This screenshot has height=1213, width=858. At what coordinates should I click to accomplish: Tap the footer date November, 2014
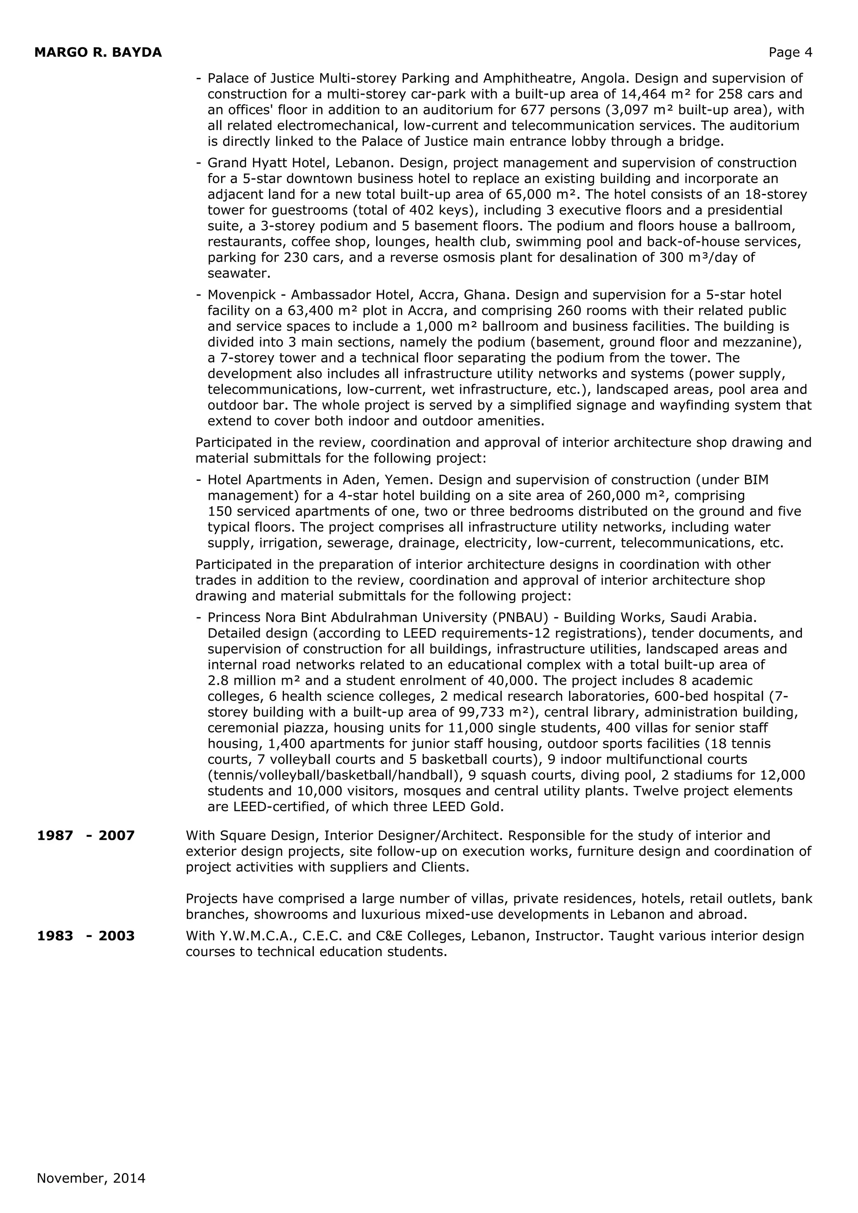[x=91, y=1178]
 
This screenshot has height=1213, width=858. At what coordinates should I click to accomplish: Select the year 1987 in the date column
[x=55, y=836]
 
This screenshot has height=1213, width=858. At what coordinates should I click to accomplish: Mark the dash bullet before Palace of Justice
[x=199, y=78]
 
